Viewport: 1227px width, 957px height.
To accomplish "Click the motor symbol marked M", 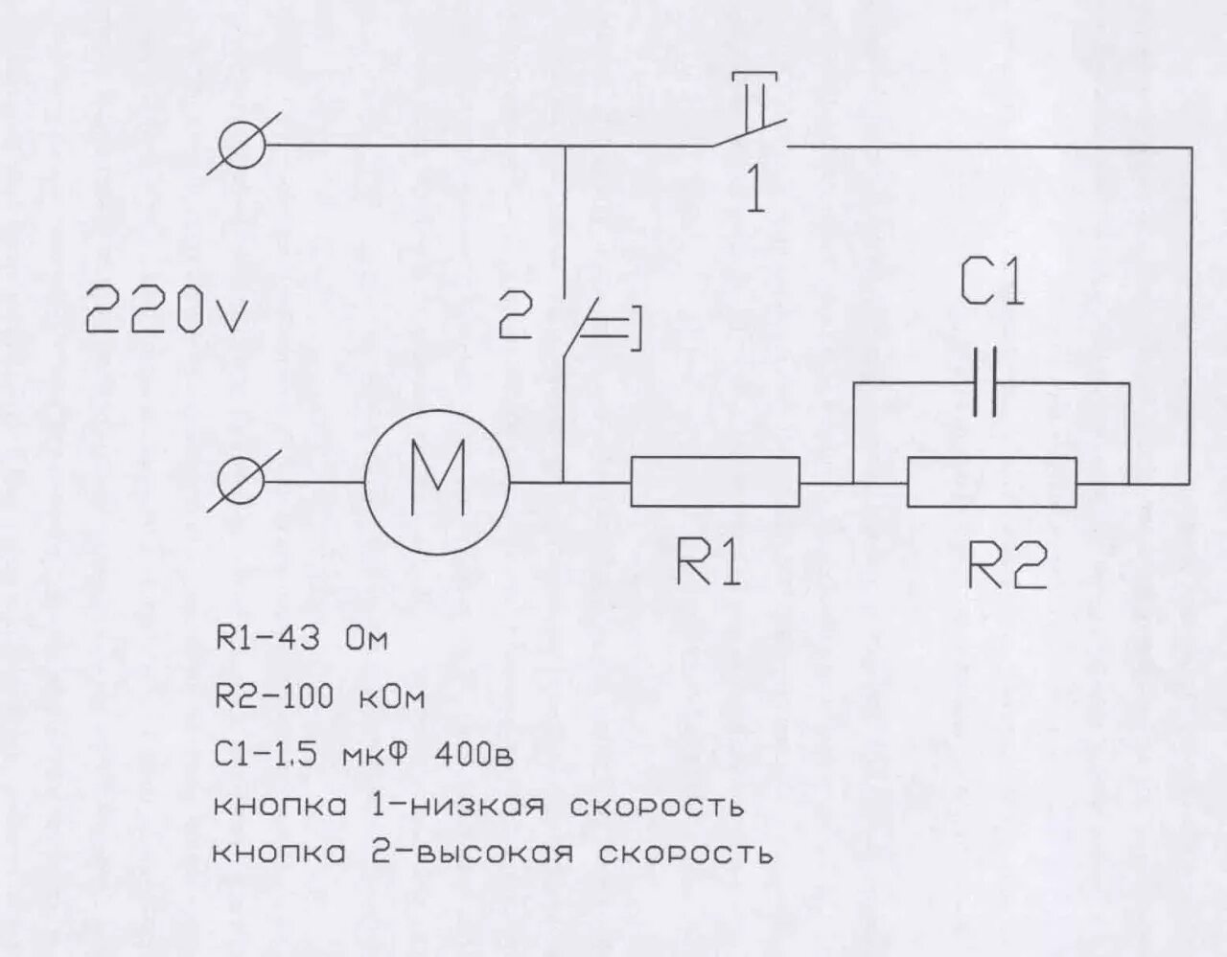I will tap(438, 481).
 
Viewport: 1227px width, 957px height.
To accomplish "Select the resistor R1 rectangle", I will tap(715, 481).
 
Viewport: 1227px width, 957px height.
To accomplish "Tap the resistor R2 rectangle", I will tap(992, 481).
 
